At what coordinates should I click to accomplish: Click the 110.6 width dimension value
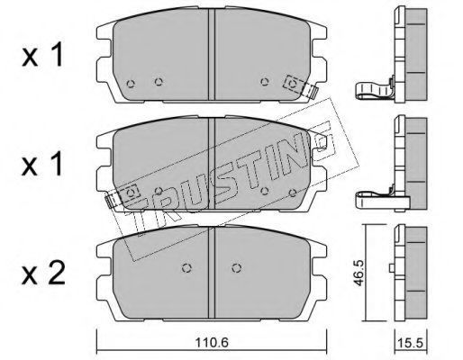tap(212, 342)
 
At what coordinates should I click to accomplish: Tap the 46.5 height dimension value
tap(359, 273)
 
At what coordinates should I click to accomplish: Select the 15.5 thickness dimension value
tap(411, 342)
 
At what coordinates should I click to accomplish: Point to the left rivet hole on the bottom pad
tap(186, 268)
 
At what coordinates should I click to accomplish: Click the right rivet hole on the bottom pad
tap(237, 268)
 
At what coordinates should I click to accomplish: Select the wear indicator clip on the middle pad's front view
tap(123, 195)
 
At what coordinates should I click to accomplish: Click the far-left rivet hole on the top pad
tap(131, 84)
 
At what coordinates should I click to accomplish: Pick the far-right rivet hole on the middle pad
tap(293, 192)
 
